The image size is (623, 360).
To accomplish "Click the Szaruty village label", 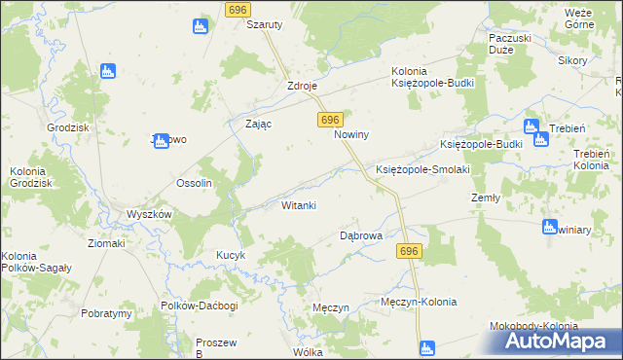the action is [x=264, y=24].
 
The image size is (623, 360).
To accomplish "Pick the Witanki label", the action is [x=299, y=205].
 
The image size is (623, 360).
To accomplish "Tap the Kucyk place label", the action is [x=230, y=255].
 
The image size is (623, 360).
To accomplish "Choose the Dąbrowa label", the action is [x=360, y=235].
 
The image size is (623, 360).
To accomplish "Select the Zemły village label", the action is [x=485, y=197].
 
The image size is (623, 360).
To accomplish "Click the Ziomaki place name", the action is [x=105, y=243].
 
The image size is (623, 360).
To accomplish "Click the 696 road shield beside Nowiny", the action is [x=329, y=119].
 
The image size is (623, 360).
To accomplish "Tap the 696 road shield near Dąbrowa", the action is [x=409, y=251].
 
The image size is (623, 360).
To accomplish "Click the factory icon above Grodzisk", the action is [x=108, y=71].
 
